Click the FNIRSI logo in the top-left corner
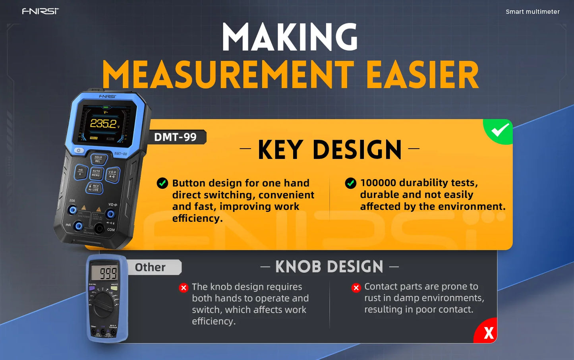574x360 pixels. click(40, 11)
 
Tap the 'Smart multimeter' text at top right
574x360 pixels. click(532, 12)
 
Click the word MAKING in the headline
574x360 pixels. click(290, 37)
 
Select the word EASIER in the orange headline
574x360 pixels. click(422, 75)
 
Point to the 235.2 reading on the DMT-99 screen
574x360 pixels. click(103, 124)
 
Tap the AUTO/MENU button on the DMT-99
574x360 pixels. click(96, 173)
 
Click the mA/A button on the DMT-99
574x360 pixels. click(81, 172)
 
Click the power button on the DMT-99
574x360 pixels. click(79, 151)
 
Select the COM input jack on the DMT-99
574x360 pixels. click(99, 228)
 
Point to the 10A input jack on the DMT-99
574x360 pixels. click(72, 210)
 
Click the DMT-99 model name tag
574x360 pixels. click(176, 137)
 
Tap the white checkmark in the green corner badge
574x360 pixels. click(500, 130)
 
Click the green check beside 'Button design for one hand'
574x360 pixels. click(162, 183)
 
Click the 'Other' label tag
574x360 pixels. click(150, 267)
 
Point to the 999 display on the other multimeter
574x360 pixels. click(104, 273)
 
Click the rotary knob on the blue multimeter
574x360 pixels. click(103, 306)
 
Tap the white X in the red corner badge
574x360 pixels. click(489, 333)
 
